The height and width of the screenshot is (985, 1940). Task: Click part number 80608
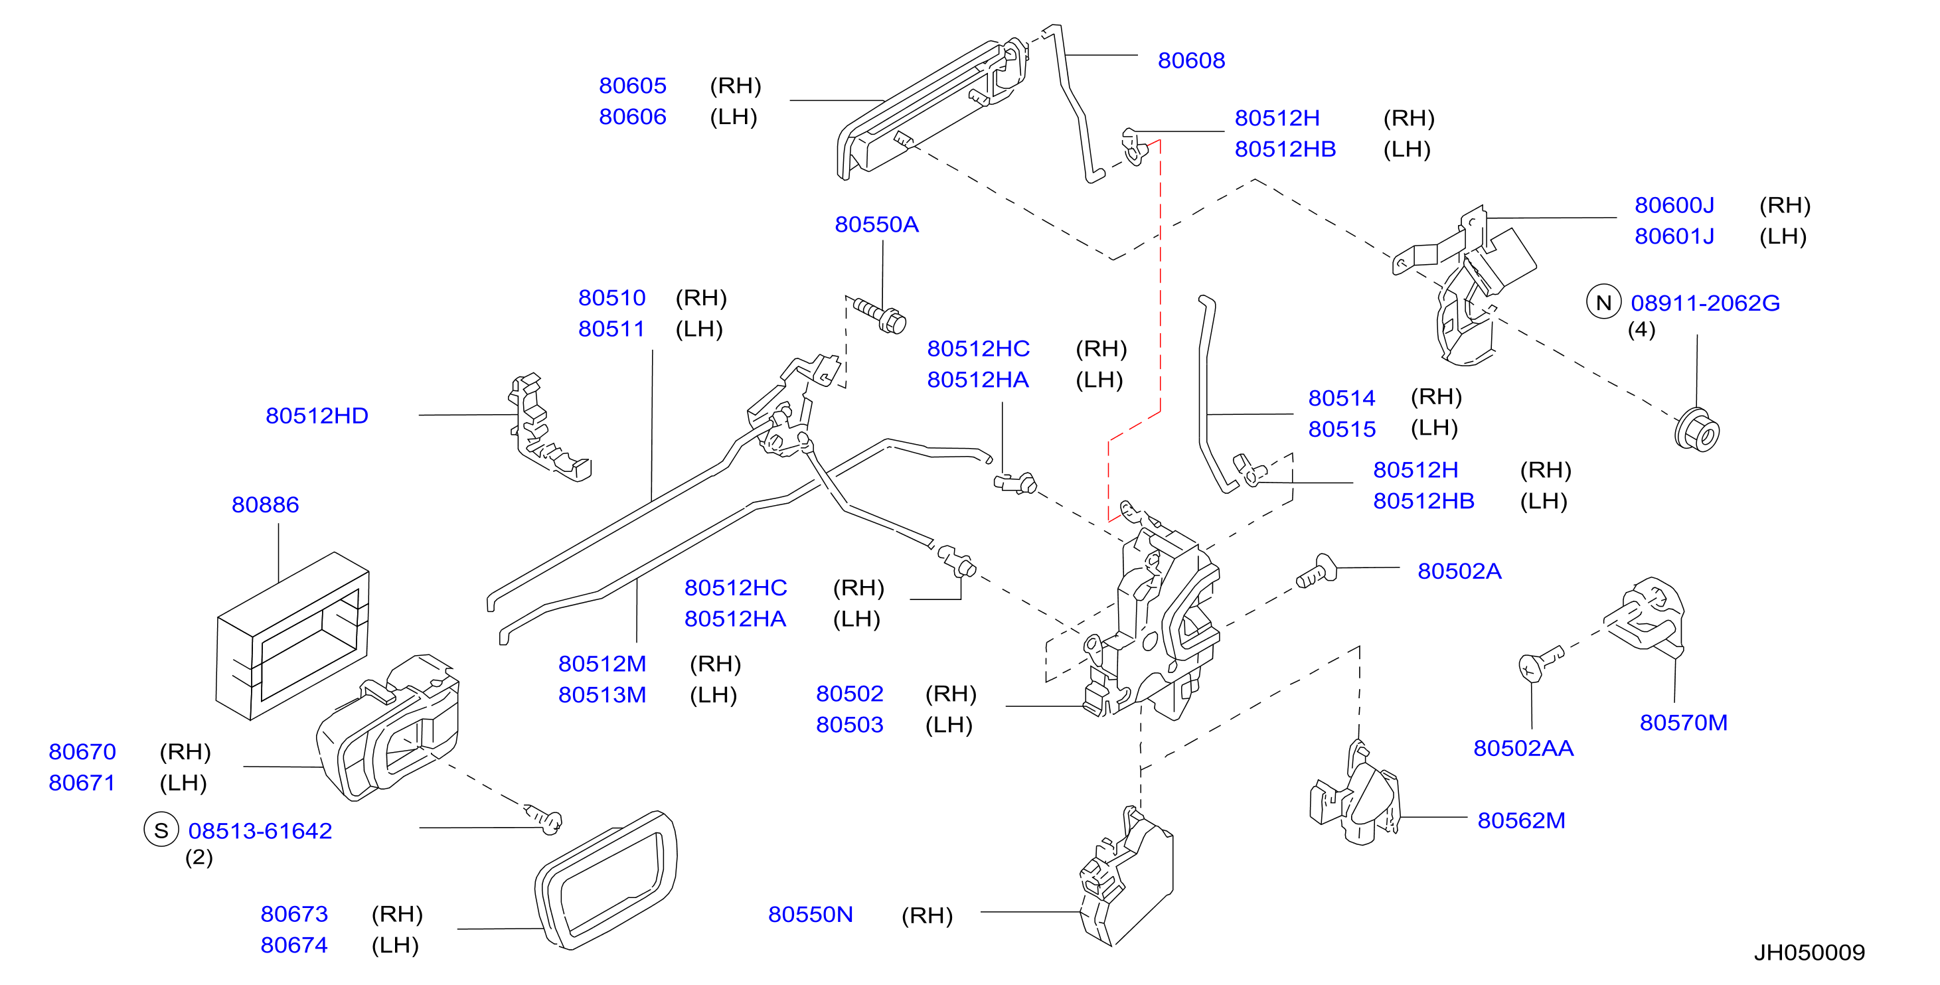pos(1190,60)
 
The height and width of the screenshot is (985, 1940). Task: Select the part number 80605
pos(633,86)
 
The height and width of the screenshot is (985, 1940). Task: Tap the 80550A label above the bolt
pos(876,224)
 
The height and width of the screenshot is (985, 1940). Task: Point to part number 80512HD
pos(317,416)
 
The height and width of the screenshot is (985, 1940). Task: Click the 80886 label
pos(265,504)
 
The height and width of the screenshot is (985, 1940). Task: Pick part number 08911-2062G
pos(1705,303)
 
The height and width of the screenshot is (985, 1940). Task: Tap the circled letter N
pos(1603,302)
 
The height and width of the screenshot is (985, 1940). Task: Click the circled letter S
pos(161,830)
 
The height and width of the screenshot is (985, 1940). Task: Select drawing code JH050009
pos(1809,952)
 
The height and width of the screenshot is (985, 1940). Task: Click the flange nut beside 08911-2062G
pos(1697,430)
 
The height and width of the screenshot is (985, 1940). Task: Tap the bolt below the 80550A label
pos(880,317)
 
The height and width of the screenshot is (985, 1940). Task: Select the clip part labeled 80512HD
pos(549,427)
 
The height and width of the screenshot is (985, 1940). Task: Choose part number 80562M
pos(1521,820)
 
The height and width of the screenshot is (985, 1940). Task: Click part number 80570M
pos(1684,723)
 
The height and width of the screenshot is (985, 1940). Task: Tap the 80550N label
pos(811,914)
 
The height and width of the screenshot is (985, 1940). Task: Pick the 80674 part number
pos(293,945)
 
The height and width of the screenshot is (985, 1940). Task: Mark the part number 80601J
pos(1674,236)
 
